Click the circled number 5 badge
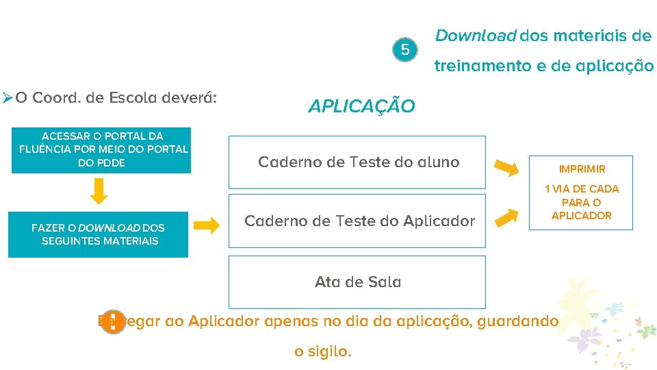click(405, 50)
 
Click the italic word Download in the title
click(476, 36)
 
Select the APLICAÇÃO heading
click(361, 107)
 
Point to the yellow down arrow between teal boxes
click(100, 191)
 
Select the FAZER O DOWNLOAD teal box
click(98, 234)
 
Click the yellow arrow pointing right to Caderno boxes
click(205, 225)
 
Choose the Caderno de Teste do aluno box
click(357, 162)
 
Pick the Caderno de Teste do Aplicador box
click(357, 221)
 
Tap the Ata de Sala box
click(357, 282)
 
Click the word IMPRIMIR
click(582, 169)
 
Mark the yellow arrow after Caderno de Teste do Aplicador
click(506, 217)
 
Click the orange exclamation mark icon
click(112, 321)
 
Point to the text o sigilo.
click(322, 352)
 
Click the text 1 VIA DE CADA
click(582, 188)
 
